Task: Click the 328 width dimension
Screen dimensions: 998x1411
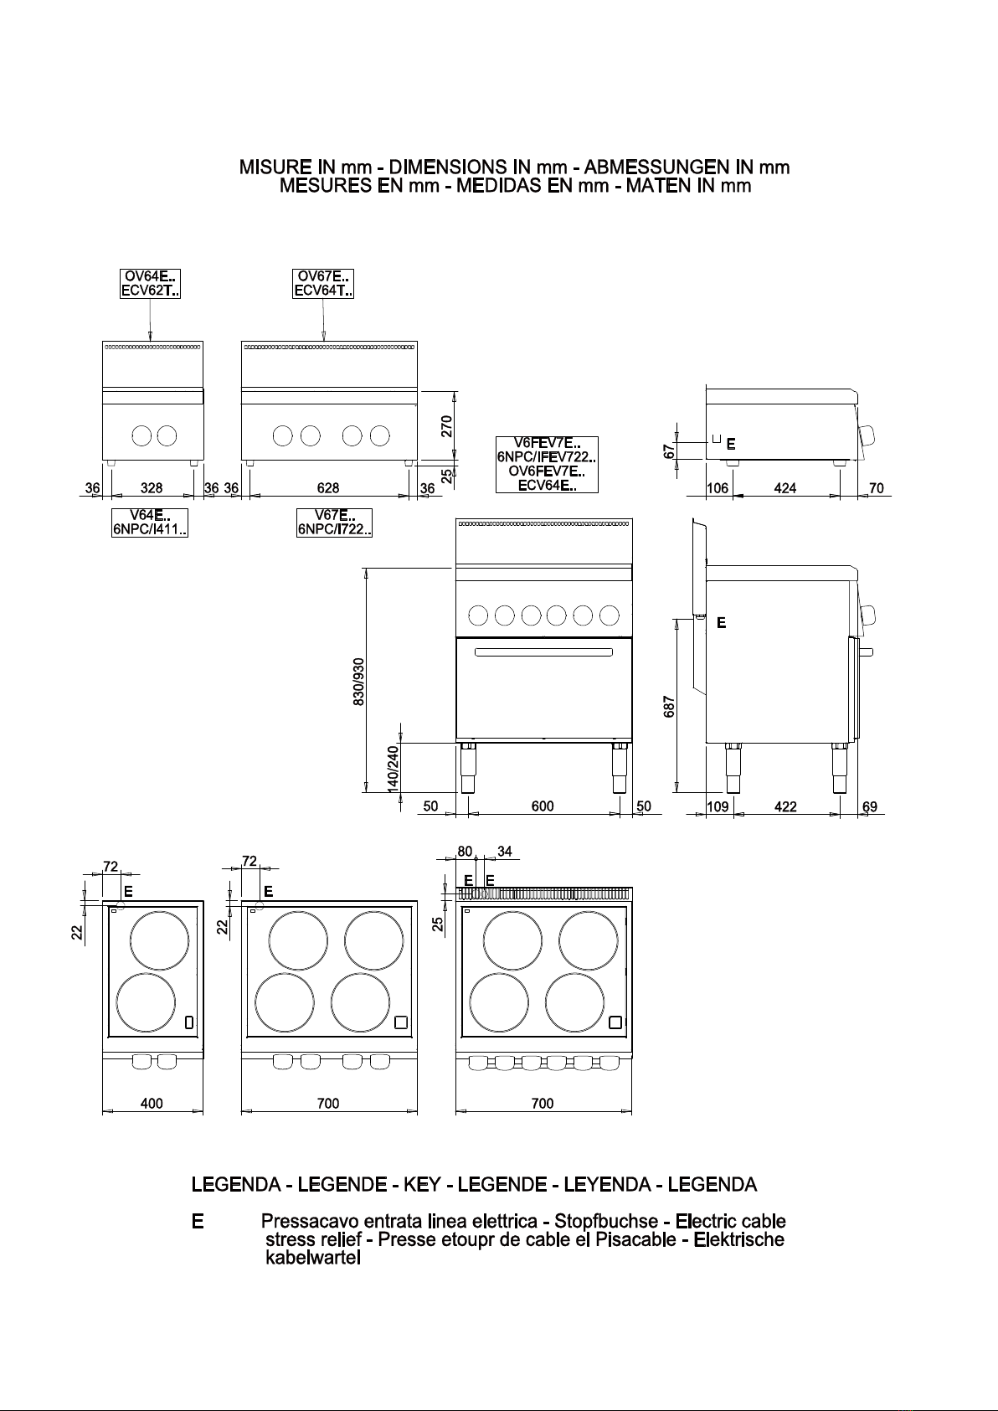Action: (151, 488)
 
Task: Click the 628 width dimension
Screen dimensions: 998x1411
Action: (328, 488)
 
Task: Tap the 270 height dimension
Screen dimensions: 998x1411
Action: (446, 426)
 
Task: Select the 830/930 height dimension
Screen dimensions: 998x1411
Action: (358, 682)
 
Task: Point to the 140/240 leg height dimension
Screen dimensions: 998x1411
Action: (393, 769)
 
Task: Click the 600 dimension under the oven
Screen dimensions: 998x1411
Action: (543, 806)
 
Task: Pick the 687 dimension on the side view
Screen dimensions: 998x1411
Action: (669, 707)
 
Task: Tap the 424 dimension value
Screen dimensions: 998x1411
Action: (785, 488)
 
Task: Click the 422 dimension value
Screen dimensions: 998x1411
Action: (785, 807)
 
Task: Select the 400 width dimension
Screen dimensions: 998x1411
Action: (152, 1104)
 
